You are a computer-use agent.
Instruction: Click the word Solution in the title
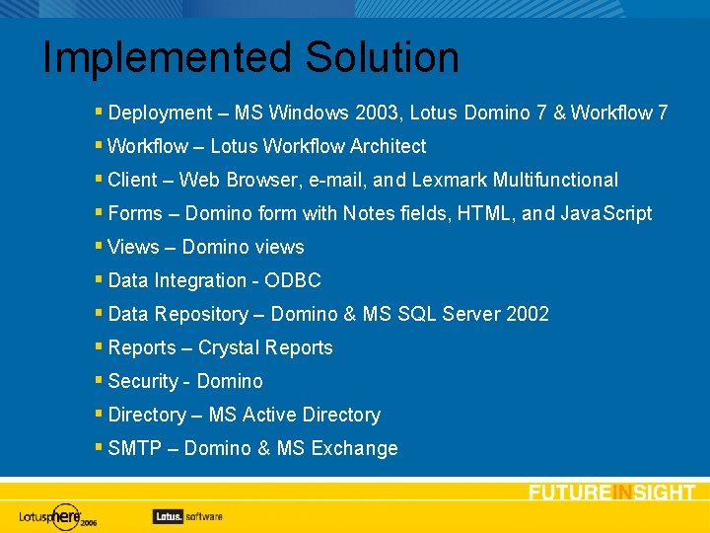382,57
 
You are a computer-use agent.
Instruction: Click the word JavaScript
606,213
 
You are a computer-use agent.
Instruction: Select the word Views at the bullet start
133,247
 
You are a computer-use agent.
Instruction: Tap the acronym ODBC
294,280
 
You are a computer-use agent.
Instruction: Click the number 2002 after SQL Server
527,314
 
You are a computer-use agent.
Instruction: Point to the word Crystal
229,347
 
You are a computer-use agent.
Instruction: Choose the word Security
143,381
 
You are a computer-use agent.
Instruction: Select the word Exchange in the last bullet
354,448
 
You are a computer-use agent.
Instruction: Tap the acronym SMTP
135,448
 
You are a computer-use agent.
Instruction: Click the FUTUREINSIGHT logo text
611,493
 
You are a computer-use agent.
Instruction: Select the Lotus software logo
187,515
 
